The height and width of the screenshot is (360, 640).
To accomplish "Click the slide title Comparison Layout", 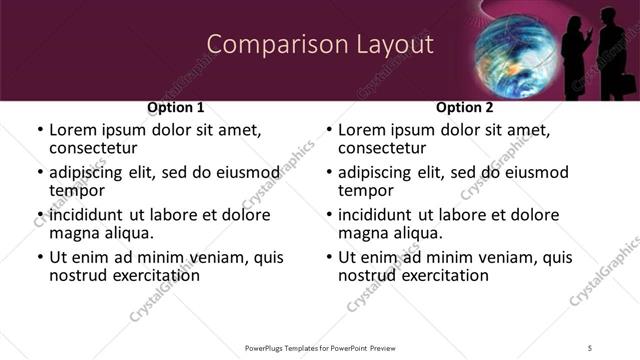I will coord(320,44).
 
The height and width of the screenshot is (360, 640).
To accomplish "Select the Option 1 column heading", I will coord(175,107).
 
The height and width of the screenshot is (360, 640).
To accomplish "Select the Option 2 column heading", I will coord(464,107).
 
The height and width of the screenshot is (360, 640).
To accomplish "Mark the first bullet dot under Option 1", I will coord(39,131).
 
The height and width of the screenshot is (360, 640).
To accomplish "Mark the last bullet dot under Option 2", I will coord(328,257).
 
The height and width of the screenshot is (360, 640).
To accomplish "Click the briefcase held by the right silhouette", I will coord(621,86).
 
